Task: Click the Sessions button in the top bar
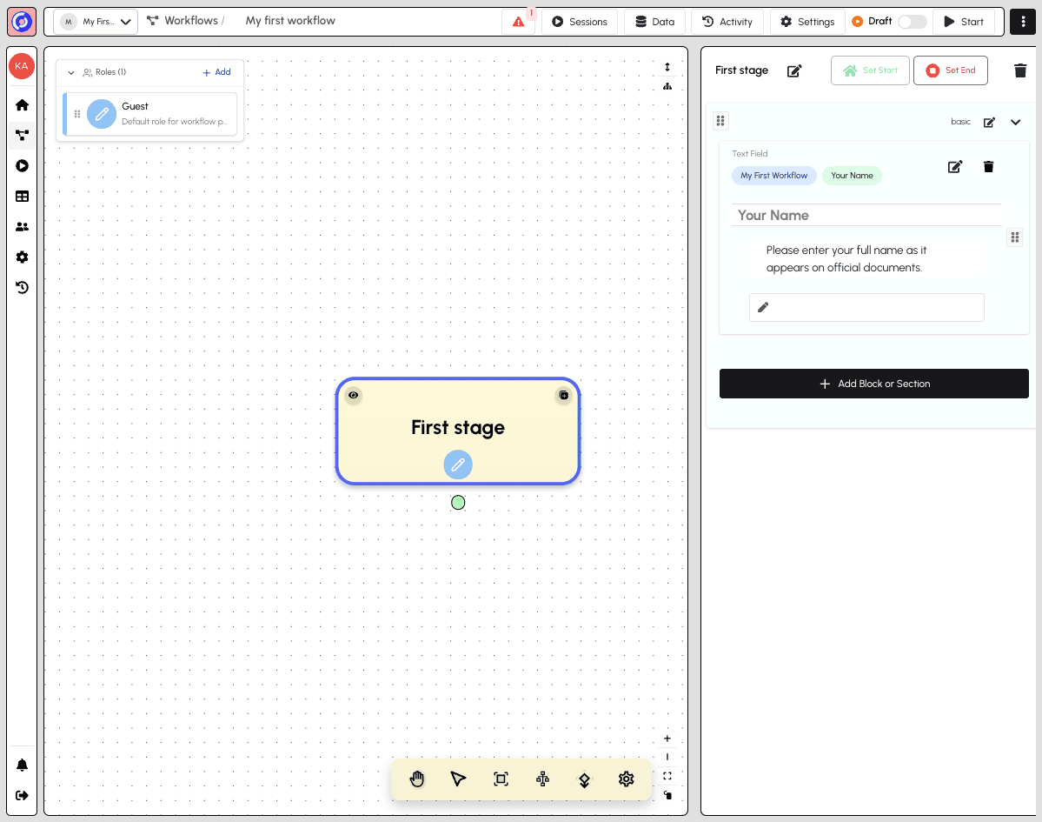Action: point(580,22)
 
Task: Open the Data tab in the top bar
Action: point(654,22)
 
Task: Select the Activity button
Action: point(727,22)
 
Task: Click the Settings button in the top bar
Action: point(806,22)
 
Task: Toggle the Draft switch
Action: point(912,22)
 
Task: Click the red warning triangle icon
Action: point(518,22)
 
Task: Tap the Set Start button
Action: point(870,70)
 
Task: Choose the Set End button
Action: point(950,70)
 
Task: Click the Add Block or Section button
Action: point(874,384)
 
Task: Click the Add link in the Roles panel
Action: point(216,72)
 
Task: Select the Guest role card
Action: point(150,114)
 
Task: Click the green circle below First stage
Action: point(458,503)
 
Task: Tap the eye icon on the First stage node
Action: point(354,395)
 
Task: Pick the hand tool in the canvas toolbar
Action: point(416,779)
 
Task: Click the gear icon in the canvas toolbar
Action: point(626,779)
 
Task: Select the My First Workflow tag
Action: point(774,176)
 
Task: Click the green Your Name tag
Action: point(852,176)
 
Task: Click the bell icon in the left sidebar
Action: point(22,765)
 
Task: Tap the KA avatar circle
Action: point(22,66)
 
